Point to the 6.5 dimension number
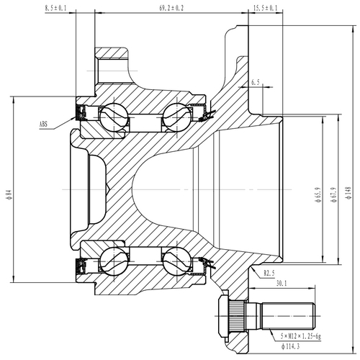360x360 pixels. [x=256, y=83]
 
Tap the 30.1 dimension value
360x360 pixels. [x=282, y=284]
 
